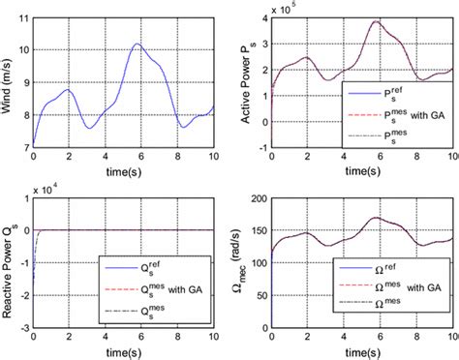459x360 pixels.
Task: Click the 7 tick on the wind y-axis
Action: pos(25,146)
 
